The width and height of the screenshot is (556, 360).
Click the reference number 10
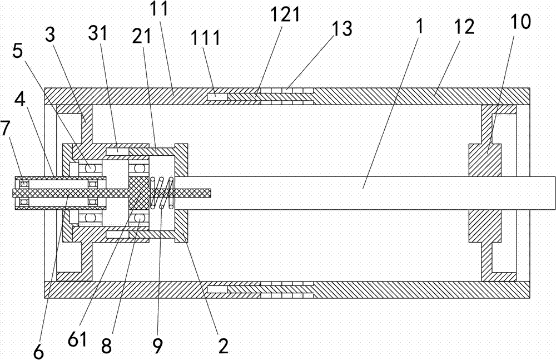522,22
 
